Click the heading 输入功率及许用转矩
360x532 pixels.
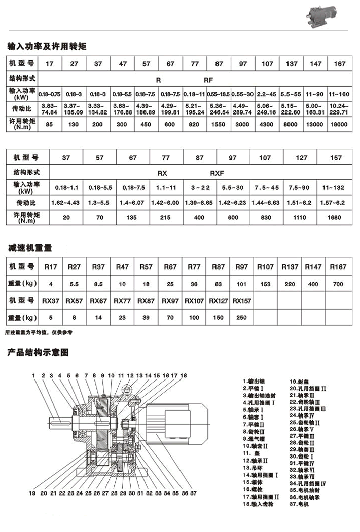point(47,46)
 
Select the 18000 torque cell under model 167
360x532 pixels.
point(340,124)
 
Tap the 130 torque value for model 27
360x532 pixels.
point(74,124)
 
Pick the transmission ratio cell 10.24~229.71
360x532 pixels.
point(340,109)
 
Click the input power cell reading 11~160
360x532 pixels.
point(340,94)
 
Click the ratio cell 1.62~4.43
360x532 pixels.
point(66,203)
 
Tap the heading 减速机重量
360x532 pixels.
point(30,248)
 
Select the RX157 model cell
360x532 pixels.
point(242,301)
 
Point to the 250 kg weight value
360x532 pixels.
point(242,318)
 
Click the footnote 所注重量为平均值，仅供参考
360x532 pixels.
point(39,333)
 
